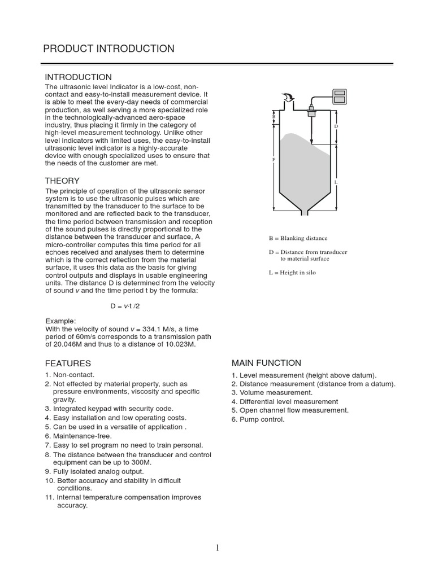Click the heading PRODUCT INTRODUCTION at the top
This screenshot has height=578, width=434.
tap(108, 49)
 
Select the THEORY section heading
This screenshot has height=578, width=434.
tap(62, 181)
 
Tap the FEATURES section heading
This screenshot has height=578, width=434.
tap(68, 364)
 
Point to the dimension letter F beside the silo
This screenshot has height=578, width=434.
tap(274, 160)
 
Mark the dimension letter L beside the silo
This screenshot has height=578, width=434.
tap(336, 182)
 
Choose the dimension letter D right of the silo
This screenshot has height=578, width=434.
tap(336, 126)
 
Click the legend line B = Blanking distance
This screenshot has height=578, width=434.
tap(298, 238)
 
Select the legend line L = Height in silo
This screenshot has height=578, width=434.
tap(292, 273)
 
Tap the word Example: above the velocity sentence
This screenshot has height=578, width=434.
tap(60, 321)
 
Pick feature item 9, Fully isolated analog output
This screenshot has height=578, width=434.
tap(98, 471)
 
